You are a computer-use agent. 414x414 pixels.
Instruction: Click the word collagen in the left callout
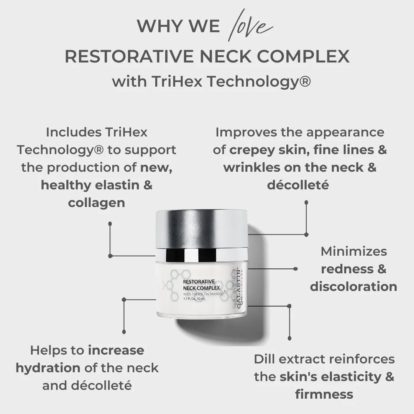[97, 203]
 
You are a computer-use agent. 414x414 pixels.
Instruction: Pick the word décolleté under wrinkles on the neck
[298, 185]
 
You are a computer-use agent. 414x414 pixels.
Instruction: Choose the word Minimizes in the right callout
[354, 251]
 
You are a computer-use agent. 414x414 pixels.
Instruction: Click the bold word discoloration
[353, 287]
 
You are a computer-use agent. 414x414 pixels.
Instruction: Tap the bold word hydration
[48, 368]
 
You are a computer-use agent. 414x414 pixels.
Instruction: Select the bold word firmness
[324, 394]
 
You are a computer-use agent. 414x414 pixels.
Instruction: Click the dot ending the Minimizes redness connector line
[295, 269]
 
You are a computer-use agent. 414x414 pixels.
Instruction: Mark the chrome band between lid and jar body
[201, 254]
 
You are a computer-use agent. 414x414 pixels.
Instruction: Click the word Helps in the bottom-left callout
[49, 350]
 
